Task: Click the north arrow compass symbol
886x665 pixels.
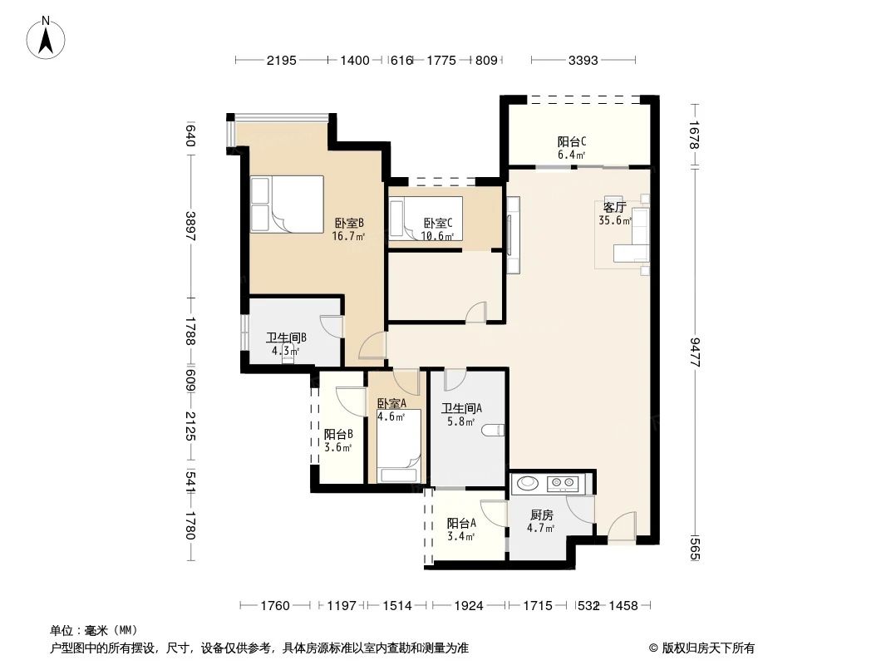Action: pyautogui.click(x=46, y=37)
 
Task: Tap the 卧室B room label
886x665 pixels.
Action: pyautogui.click(x=348, y=223)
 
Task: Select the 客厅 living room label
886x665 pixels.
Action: pyautogui.click(x=614, y=207)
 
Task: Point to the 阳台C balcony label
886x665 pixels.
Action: pyautogui.click(x=571, y=141)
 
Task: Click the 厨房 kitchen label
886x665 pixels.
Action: pyautogui.click(x=541, y=515)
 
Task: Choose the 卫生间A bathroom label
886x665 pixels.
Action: pyautogui.click(x=461, y=408)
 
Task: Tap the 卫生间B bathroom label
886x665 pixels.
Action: pyautogui.click(x=287, y=337)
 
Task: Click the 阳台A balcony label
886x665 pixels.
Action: pyautogui.click(x=461, y=523)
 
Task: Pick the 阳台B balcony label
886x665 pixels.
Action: pyautogui.click(x=338, y=435)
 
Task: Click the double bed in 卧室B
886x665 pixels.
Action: pyautogui.click(x=287, y=204)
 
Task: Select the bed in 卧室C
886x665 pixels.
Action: pyautogui.click(x=426, y=219)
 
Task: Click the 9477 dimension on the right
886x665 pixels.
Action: pyautogui.click(x=695, y=352)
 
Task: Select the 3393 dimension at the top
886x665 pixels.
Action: pyautogui.click(x=583, y=60)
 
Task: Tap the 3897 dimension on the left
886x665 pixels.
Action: pyautogui.click(x=190, y=227)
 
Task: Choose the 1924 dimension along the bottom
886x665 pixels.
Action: pyautogui.click(x=469, y=606)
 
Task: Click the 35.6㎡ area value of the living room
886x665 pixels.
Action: pyautogui.click(x=615, y=220)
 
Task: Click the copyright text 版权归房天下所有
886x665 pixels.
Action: pyautogui.click(x=707, y=648)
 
